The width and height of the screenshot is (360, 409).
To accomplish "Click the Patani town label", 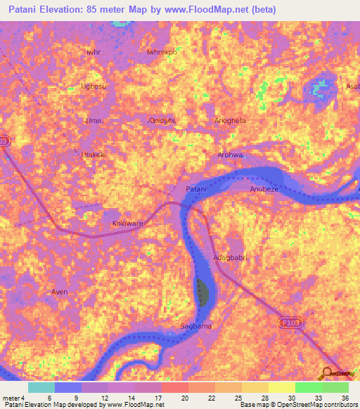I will pyautogui.click(x=196, y=190).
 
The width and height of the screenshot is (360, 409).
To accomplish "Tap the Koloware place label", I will pyautogui.click(x=127, y=223).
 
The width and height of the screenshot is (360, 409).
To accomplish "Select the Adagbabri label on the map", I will pyautogui.click(x=231, y=257).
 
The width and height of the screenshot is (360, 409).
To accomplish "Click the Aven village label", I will pyautogui.click(x=60, y=291).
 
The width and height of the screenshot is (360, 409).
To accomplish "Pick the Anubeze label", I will pyautogui.click(x=265, y=190).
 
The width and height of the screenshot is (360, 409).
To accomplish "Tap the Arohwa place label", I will pyautogui.click(x=230, y=155).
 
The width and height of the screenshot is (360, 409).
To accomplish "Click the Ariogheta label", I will pyautogui.click(x=230, y=120).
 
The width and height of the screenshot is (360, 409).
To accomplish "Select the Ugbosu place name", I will pyautogui.click(x=94, y=86).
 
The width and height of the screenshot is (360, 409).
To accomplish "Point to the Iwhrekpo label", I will pyautogui.click(x=161, y=52).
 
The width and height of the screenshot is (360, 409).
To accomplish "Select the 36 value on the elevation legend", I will pyautogui.click(x=345, y=398).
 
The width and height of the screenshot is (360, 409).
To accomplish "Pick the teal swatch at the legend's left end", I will pyautogui.click(x=41, y=387).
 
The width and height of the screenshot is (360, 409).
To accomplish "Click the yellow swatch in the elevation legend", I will pyautogui.click(x=282, y=387).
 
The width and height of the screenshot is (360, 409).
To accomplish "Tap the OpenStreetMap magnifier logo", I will pyautogui.click(x=327, y=373).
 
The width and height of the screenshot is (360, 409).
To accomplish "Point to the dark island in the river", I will pyautogui.click(x=203, y=292).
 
